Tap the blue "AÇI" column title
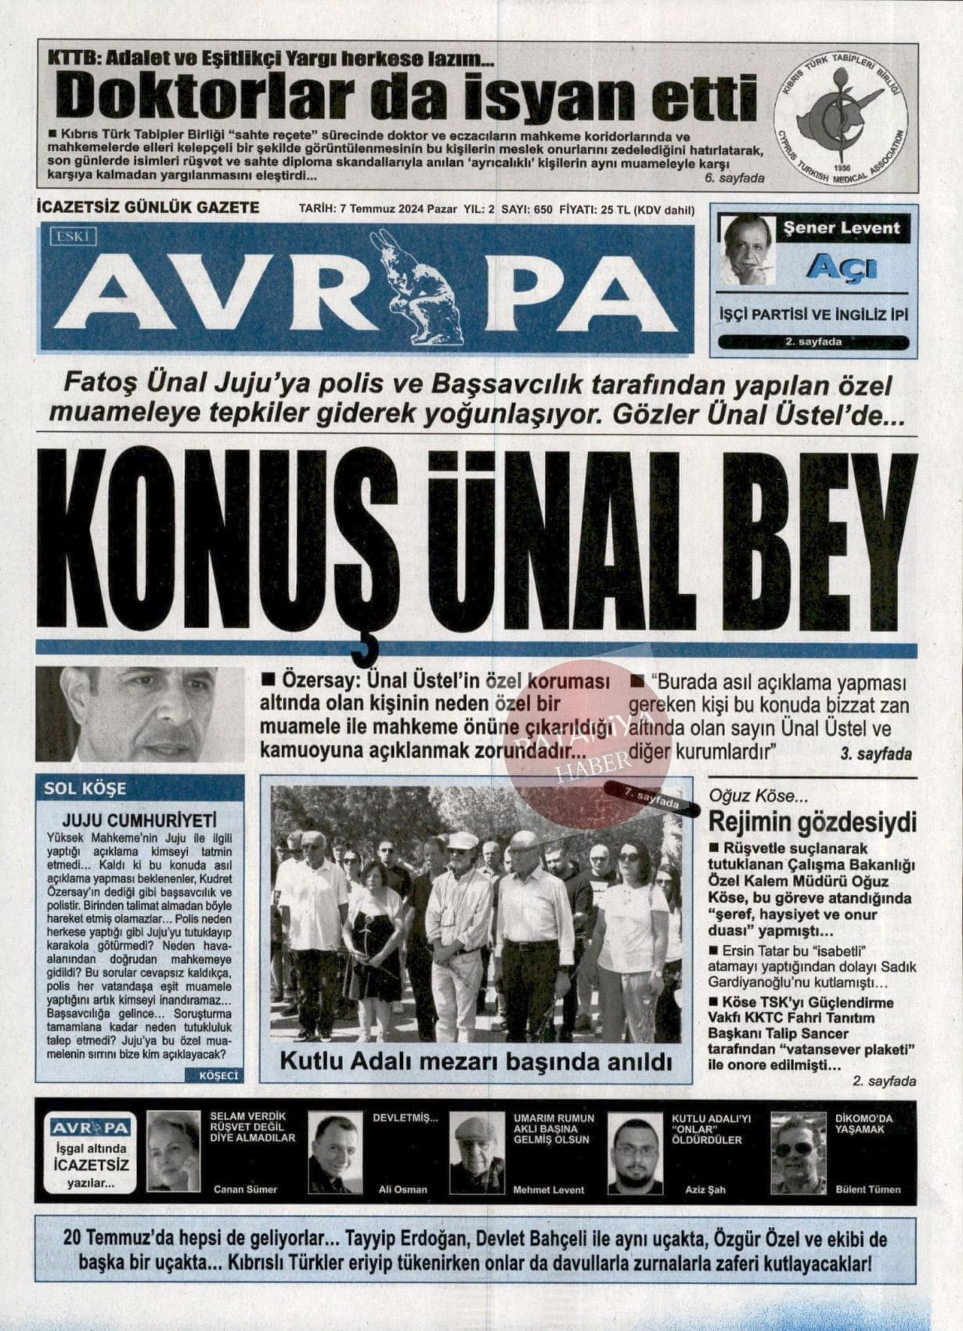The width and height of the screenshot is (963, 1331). pyautogui.click(x=842, y=268)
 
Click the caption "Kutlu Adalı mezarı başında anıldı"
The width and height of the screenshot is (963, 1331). pyautogui.click(x=476, y=1063)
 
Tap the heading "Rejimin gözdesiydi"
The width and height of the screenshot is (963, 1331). pyautogui.click(x=812, y=824)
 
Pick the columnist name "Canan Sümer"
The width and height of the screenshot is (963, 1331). pyautogui.click(x=245, y=1189)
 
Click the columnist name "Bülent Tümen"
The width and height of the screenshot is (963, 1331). pyautogui.click(x=867, y=1189)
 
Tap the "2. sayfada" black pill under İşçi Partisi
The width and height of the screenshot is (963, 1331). pyautogui.click(x=813, y=342)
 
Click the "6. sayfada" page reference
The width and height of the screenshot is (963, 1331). pyautogui.click(x=734, y=179)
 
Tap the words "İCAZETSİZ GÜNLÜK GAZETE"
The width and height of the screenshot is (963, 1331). pyautogui.click(x=148, y=207)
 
